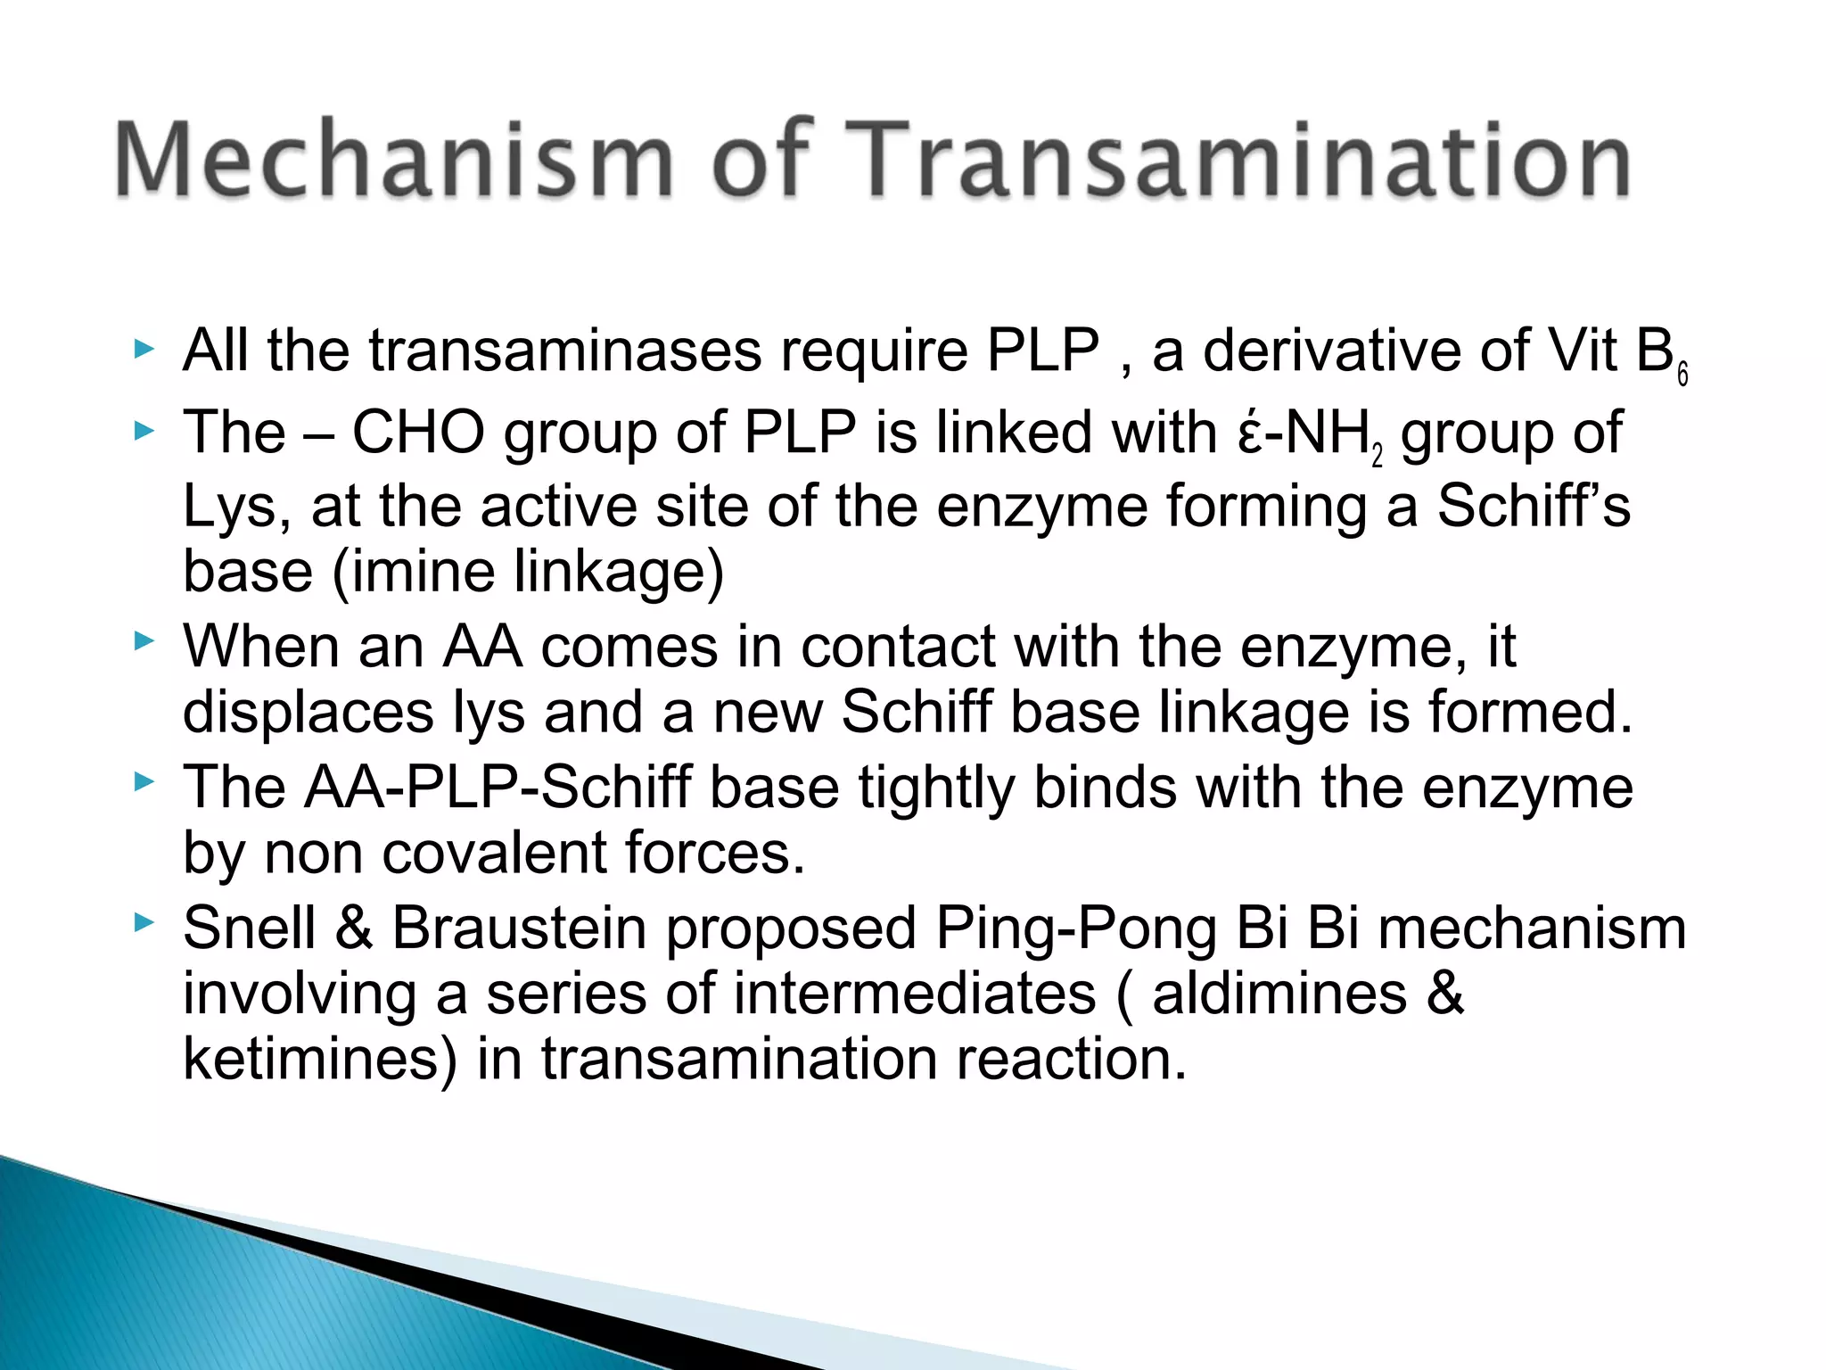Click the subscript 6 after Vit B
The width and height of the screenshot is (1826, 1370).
(x=1682, y=375)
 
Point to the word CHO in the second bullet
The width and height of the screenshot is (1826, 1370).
(x=418, y=433)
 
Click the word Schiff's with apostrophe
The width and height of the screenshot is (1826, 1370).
(x=1534, y=506)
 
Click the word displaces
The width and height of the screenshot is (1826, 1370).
(x=308, y=713)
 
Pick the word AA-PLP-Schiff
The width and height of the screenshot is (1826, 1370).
(x=498, y=788)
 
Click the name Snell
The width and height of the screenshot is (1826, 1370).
(x=250, y=928)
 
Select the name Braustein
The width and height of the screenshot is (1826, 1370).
(x=519, y=928)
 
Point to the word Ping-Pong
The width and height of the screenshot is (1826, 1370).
(x=1076, y=928)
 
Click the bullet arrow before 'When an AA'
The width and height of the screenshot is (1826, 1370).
(x=144, y=640)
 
